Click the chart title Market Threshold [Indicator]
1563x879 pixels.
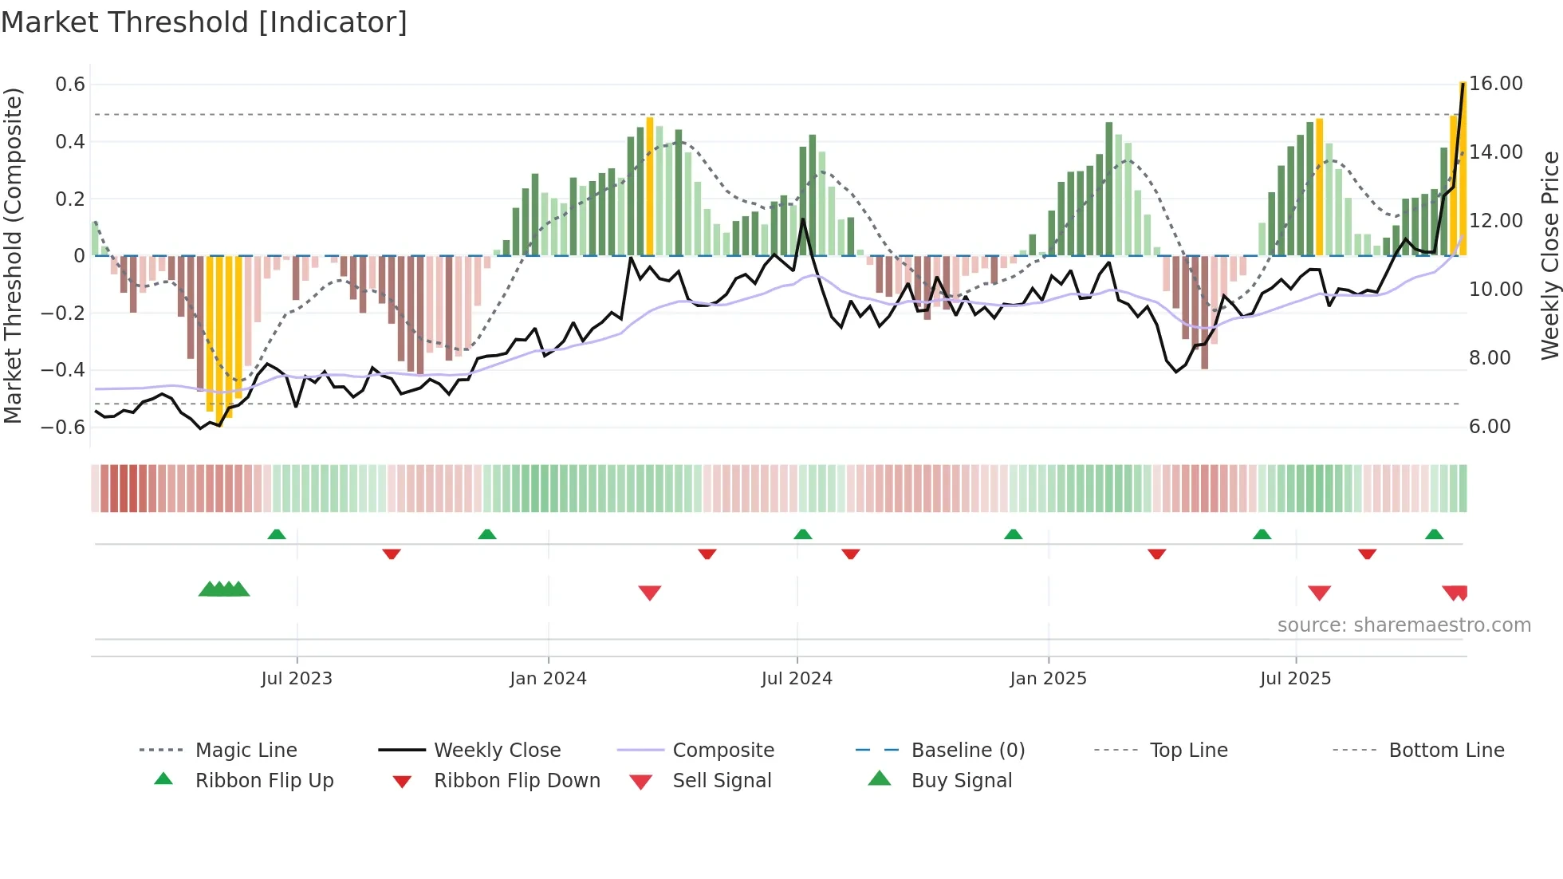[204, 22]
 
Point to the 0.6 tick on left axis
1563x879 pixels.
[70, 85]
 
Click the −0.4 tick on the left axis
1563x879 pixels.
[63, 370]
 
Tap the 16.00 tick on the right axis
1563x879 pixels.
[1496, 84]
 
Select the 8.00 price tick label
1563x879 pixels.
[1490, 358]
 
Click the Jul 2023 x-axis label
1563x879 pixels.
[297, 679]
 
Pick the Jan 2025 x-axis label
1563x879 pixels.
[1048, 679]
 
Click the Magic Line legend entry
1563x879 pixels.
[246, 751]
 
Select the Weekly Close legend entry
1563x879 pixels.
[497, 751]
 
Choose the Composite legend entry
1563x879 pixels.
[723, 751]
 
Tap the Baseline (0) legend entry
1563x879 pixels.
[967, 751]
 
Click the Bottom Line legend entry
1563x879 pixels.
[1446, 751]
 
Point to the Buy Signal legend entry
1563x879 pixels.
[961, 781]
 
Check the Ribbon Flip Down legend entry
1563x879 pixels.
[517, 781]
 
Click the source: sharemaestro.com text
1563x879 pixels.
[1404, 625]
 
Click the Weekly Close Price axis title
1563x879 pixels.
[1549, 255]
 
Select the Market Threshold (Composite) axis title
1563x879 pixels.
[13, 255]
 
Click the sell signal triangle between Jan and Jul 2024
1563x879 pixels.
[650, 593]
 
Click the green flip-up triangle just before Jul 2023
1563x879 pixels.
[277, 534]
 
